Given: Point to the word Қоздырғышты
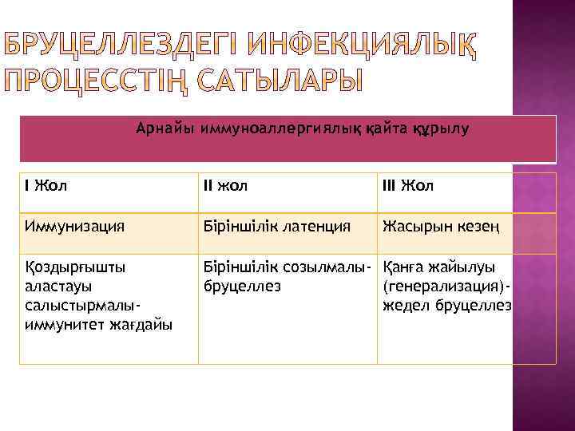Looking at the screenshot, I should (x=75, y=266).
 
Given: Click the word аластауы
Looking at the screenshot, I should (x=57, y=286).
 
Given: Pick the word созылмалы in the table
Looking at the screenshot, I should (x=327, y=266).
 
